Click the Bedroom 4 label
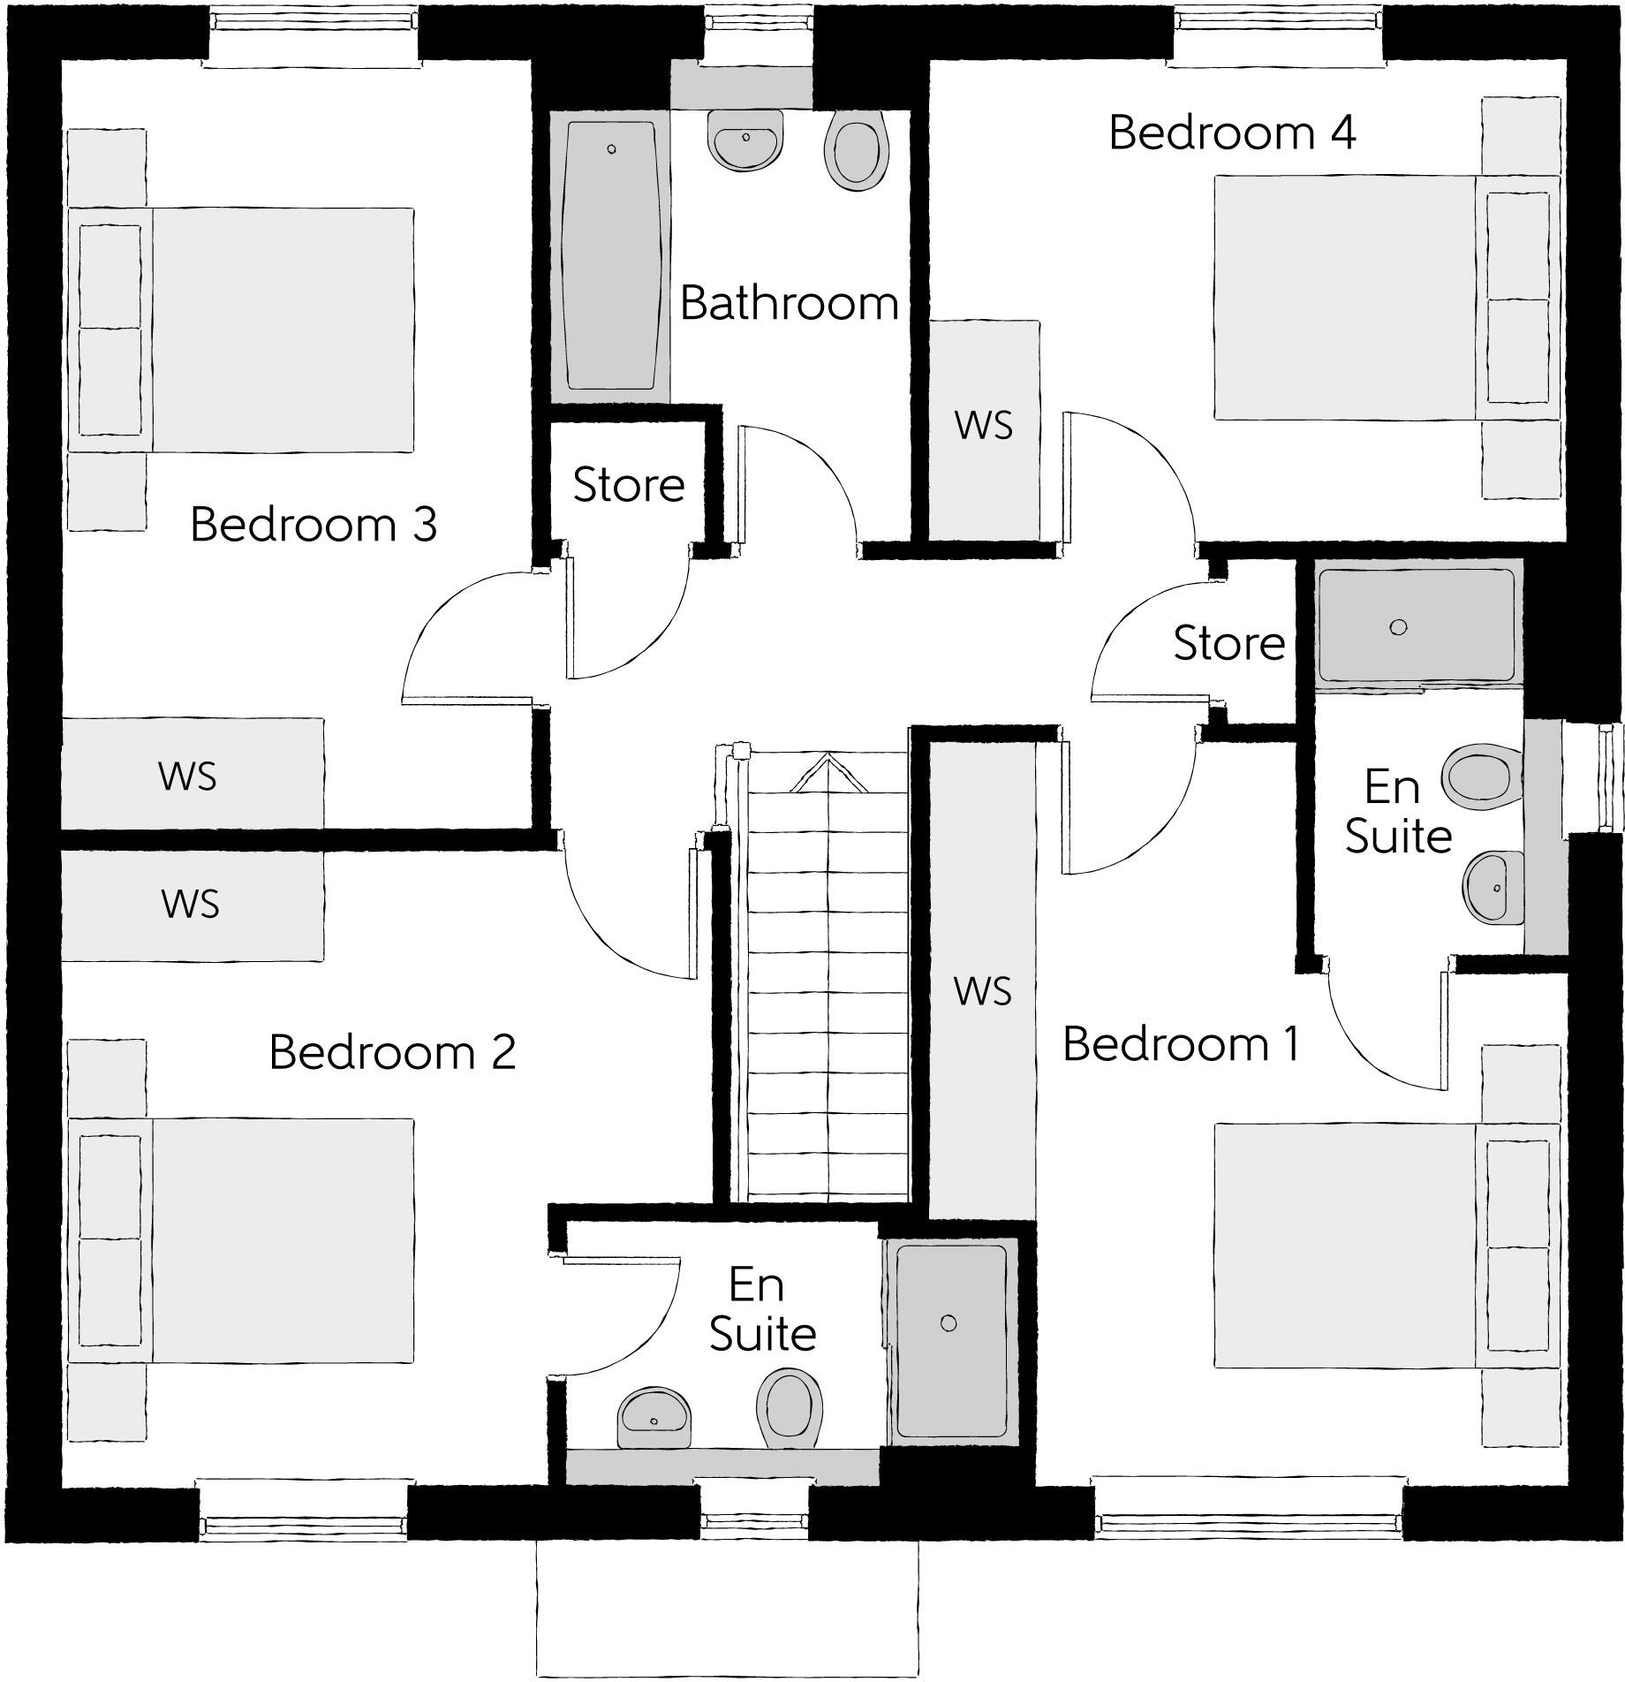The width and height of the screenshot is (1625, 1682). (x=1231, y=133)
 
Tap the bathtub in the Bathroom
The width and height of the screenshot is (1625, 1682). (x=610, y=256)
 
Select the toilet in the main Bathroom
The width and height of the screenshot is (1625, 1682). (x=856, y=150)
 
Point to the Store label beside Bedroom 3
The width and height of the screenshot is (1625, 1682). (x=629, y=485)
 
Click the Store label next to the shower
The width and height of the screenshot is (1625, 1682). (x=1228, y=643)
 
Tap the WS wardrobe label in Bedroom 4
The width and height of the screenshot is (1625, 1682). (x=983, y=426)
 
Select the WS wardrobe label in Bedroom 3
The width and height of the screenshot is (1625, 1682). (x=187, y=777)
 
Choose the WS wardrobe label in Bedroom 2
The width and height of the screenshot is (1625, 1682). (x=190, y=905)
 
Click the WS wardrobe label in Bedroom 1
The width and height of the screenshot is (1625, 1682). (x=982, y=991)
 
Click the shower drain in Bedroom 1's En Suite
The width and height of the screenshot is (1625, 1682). (x=1397, y=627)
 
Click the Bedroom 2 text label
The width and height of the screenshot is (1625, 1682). (x=392, y=1052)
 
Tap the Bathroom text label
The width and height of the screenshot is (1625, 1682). (x=789, y=304)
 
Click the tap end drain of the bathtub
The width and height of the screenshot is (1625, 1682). (x=611, y=150)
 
